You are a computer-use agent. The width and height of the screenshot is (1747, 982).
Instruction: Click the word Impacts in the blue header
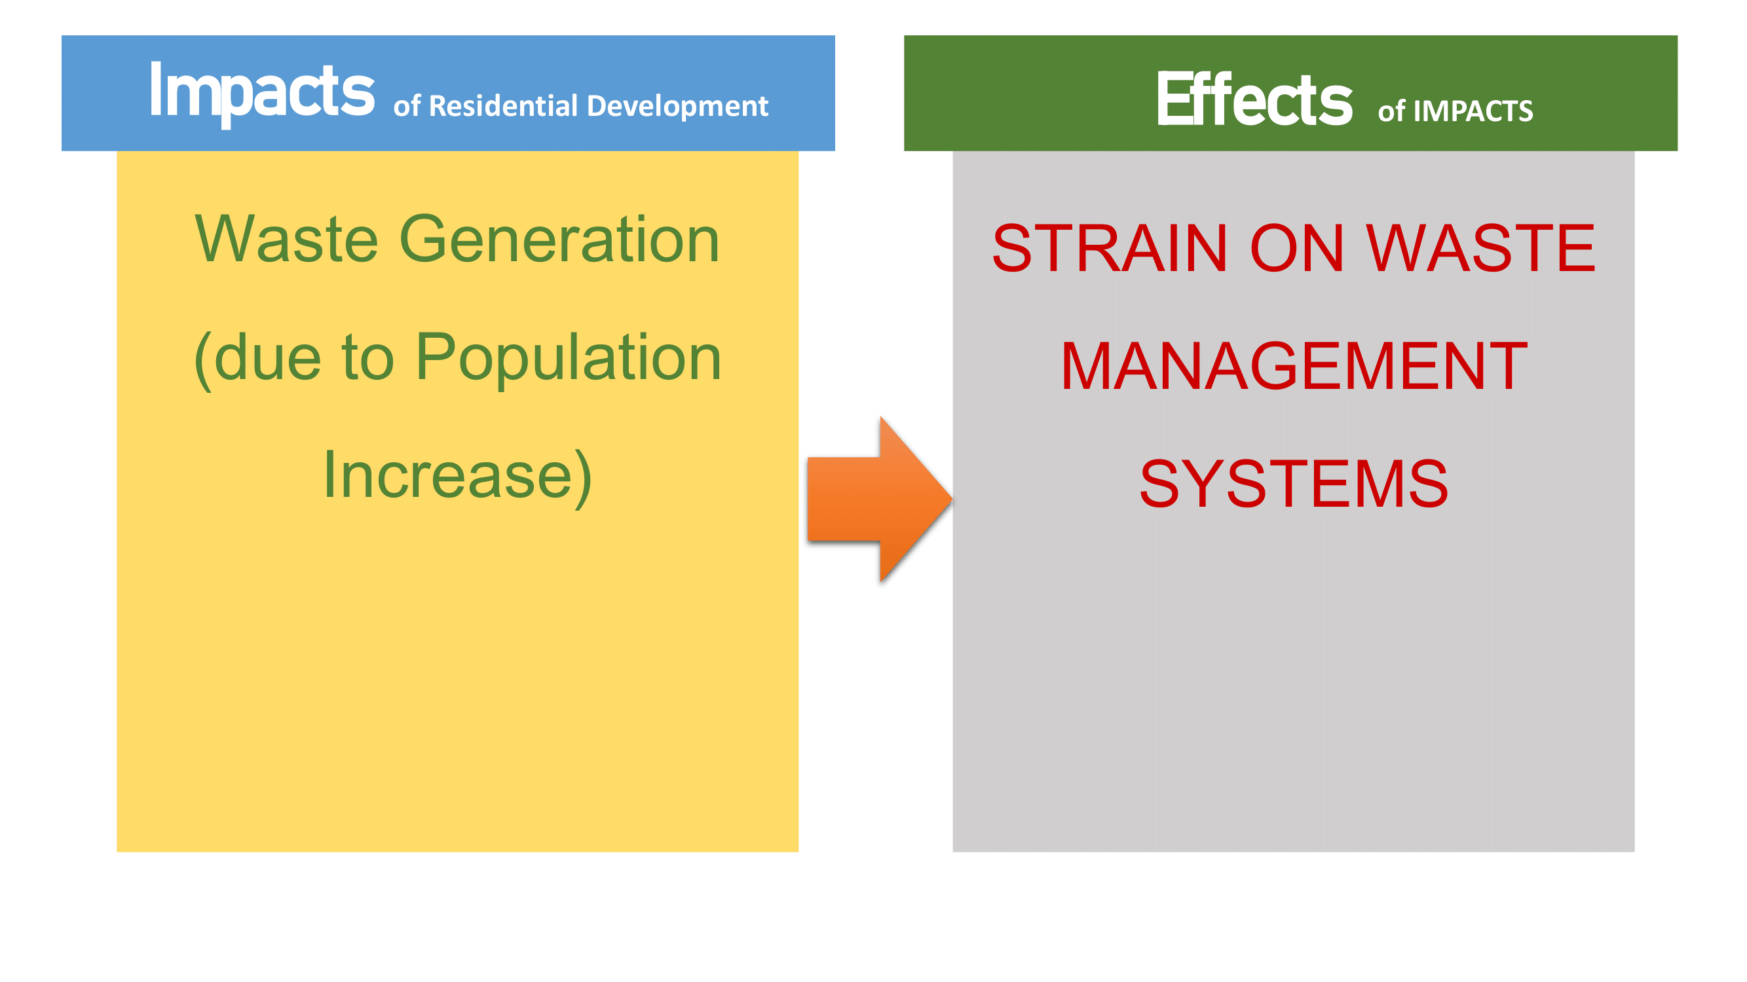(x=262, y=94)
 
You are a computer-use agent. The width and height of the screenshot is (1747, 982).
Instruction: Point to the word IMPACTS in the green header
(x=1473, y=111)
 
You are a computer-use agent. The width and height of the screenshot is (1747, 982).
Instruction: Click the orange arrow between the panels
(x=880, y=500)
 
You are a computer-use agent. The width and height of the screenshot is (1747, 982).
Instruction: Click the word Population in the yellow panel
(x=569, y=359)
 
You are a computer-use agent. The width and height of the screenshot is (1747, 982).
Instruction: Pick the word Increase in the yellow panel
(x=448, y=476)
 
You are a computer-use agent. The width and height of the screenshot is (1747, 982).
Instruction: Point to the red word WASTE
(x=1480, y=248)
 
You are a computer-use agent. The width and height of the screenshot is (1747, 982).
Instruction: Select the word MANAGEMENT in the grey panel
(x=1294, y=366)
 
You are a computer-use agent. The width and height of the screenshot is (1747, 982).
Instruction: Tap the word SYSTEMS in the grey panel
(x=1294, y=484)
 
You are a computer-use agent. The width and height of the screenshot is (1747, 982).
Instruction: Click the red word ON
(x=1297, y=248)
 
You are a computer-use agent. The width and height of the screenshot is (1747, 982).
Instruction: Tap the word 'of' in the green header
(x=1391, y=111)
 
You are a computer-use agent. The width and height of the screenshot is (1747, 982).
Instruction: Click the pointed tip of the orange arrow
(x=952, y=500)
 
